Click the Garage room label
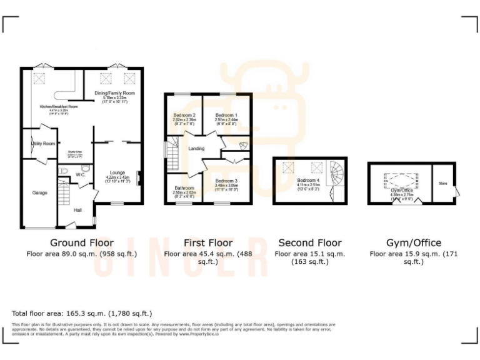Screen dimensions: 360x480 tap(40, 193)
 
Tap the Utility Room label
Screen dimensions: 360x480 tap(43, 144)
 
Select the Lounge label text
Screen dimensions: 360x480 tap(117, 172)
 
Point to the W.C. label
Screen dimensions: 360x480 tap(81, 175)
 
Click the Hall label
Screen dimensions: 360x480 tap(77, 210)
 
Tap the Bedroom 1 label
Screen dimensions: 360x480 tap(226, 116)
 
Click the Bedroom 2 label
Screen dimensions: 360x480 tap(185, 116)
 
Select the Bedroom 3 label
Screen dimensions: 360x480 tap(226, 181)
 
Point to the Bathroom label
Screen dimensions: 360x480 tap(184, 188)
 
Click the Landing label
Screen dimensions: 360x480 tap(196, 149)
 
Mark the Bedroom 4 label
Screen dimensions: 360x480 tap(308, 180)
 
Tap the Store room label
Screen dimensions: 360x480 tap(443, 184)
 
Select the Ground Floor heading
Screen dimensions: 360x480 tap(82, 242)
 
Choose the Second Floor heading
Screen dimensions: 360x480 tap(310, 242)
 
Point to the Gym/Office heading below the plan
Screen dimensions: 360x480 tap(414, 242)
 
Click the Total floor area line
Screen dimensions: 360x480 tap(82, 313)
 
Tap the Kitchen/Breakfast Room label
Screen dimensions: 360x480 tap(59, 107)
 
